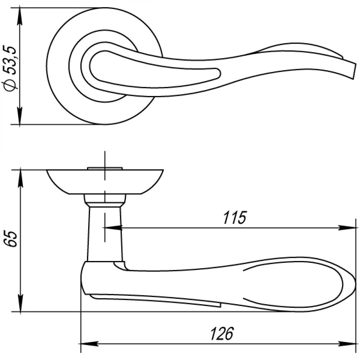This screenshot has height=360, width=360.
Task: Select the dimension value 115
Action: click(x=234, y=217)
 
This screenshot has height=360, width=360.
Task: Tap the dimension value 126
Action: click(x=222, y=333)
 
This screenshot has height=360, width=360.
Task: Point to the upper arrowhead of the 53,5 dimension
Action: click(x=20, y=16)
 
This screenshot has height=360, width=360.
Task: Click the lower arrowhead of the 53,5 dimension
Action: click(x=20, y=116)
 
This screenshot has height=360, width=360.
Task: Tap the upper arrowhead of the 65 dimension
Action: click(x=21, y=178)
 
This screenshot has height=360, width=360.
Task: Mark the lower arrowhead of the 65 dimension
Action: click(x=21, y=303)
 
